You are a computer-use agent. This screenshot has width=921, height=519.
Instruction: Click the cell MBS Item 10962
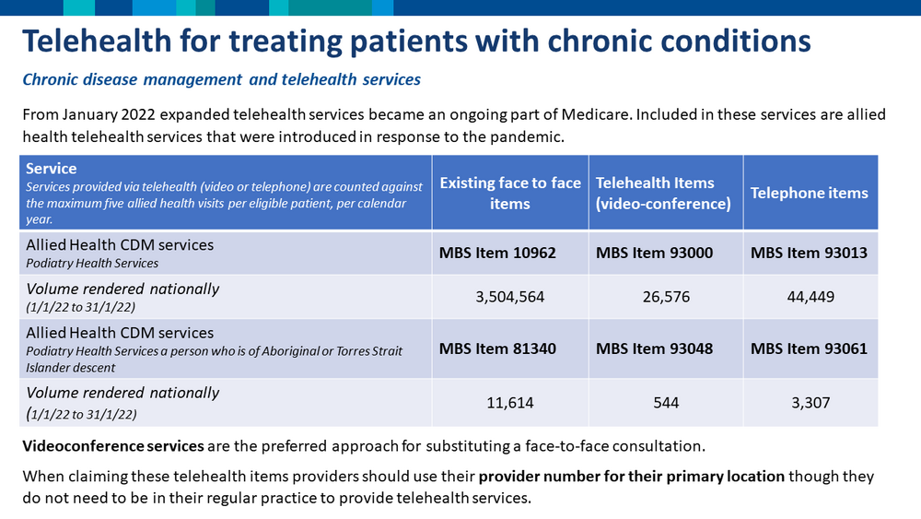click(x=510, y=253)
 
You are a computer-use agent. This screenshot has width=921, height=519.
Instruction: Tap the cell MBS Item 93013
click(x=810, y=253)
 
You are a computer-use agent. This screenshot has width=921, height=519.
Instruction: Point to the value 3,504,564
click(x=510, y=297)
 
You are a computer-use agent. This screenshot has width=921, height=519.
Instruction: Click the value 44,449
click(x=810, y=297)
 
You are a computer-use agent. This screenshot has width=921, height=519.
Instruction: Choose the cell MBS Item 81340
click(x=510, y=348)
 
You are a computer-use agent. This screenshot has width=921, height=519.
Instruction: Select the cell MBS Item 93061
click(x=810, y=348)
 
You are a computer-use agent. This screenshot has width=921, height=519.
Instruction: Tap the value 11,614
click(x=510, y=403)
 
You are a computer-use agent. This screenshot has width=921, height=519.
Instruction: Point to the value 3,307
click(x=810, y=403)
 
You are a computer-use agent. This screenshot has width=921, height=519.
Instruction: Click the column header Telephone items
click(x=810, y=193)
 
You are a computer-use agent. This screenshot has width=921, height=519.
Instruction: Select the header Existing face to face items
click(x=510, y=193)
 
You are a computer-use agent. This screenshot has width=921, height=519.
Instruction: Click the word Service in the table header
click(x=52, y=169)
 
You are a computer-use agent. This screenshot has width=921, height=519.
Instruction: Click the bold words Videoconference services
click(x=112, y=447)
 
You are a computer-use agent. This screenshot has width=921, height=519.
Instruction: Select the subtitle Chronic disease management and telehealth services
click(x=221, y=79)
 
